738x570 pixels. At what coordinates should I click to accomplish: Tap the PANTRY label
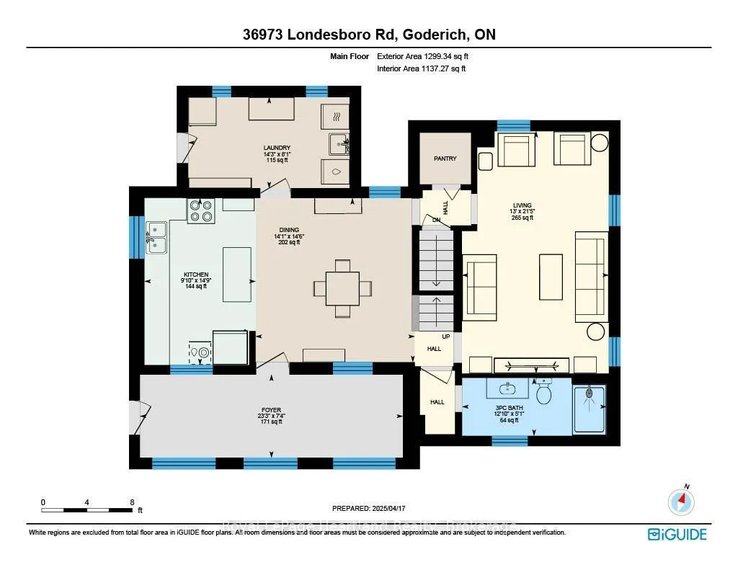(445, 159)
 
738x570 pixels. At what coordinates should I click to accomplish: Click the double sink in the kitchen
(156, 239)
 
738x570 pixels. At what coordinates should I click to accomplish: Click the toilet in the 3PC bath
(544, 393)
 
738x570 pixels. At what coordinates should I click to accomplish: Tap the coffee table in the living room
(551, 276)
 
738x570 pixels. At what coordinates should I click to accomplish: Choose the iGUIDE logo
(677, 534)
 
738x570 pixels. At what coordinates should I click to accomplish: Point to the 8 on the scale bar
(131, 502)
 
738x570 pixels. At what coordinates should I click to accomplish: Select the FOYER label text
(271, 410)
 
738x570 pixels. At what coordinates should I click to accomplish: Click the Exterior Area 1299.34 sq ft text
(427, 56)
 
